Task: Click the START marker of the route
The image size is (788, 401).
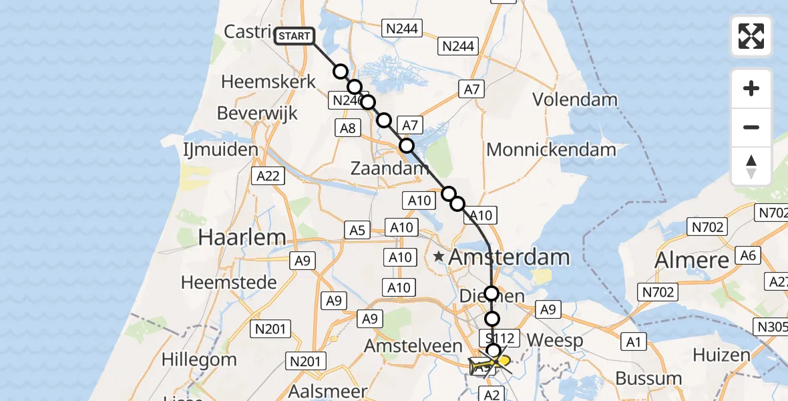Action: [294, 35]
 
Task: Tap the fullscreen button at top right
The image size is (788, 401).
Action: [751, 36]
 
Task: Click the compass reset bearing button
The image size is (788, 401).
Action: [751, 166]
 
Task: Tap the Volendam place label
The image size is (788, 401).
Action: [574, 100]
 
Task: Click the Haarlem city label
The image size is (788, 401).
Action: [242, 237]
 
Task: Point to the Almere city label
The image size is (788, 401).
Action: [692, 259]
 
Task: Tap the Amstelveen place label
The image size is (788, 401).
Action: [413, 346]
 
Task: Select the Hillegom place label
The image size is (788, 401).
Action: [199, 359]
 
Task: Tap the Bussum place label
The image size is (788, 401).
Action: [648, 379]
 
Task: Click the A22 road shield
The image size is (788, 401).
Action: [268, 176]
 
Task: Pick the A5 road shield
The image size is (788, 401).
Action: [357, 230]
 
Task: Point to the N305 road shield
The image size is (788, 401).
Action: [771, 327]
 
